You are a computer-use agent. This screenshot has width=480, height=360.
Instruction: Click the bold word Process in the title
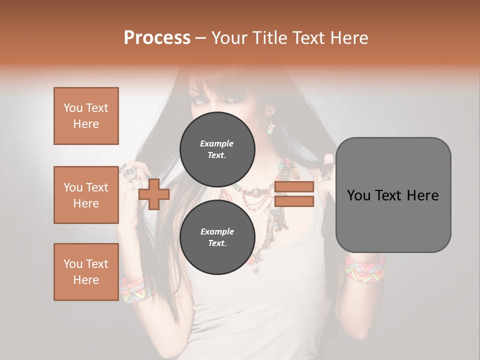click(157, 38)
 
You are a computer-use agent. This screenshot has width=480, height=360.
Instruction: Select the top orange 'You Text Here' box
click(86, 116)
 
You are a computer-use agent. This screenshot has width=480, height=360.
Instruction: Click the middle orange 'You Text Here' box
click(86, 195)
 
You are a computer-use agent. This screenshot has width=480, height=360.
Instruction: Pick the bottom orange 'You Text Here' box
click(86, 271)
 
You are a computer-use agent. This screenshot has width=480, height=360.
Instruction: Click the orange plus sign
click(153, 194)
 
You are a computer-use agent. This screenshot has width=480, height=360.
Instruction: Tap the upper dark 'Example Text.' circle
click(216, 149)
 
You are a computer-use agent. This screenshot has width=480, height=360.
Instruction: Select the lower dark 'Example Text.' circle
click(216, 237)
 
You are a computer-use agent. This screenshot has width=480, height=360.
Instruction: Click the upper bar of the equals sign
click(294, 187)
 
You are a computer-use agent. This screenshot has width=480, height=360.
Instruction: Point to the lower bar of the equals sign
click(294, 201)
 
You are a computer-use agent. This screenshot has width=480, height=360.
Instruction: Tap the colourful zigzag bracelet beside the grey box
click(365, 267)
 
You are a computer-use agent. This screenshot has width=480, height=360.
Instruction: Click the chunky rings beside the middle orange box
click(130, 175)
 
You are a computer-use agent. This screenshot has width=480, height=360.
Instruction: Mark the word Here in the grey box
click(423, 195)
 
